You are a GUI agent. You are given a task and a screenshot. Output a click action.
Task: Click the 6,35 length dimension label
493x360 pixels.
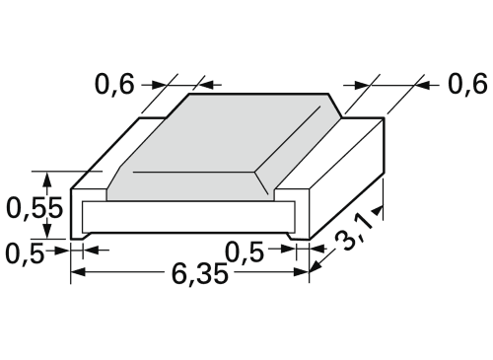coord(199,274)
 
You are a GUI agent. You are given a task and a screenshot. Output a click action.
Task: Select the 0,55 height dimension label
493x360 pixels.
coord(35,208)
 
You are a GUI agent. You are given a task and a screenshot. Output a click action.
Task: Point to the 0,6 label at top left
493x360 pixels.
coord(114,85)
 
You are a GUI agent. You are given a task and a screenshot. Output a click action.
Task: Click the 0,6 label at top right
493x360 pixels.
coord(467,85)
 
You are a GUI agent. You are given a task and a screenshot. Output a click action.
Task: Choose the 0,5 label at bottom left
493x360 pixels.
coord(25,253)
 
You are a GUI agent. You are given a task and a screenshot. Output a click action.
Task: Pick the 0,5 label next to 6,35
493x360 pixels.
coord(245,252)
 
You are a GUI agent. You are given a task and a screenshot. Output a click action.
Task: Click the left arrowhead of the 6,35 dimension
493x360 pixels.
coord(78,272)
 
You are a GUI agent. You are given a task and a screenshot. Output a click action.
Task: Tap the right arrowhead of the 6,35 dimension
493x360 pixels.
coord(302,272)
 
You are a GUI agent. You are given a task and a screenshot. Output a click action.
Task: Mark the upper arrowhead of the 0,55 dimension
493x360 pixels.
coord(48,180)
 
